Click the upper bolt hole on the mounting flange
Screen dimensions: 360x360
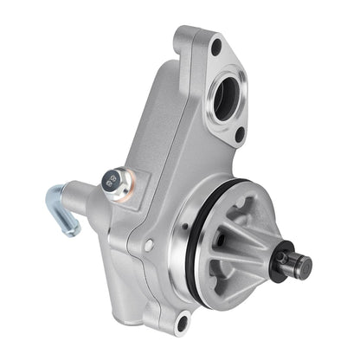pyautogui.click(x=215, y=48)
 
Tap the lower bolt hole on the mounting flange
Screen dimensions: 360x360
pyautogui.click(x=240, y=134)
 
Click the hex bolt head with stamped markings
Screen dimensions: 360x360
pyautogui.click(x=110, y=182)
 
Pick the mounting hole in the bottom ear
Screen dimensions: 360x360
pyautogui.click(x=181, y=325)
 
